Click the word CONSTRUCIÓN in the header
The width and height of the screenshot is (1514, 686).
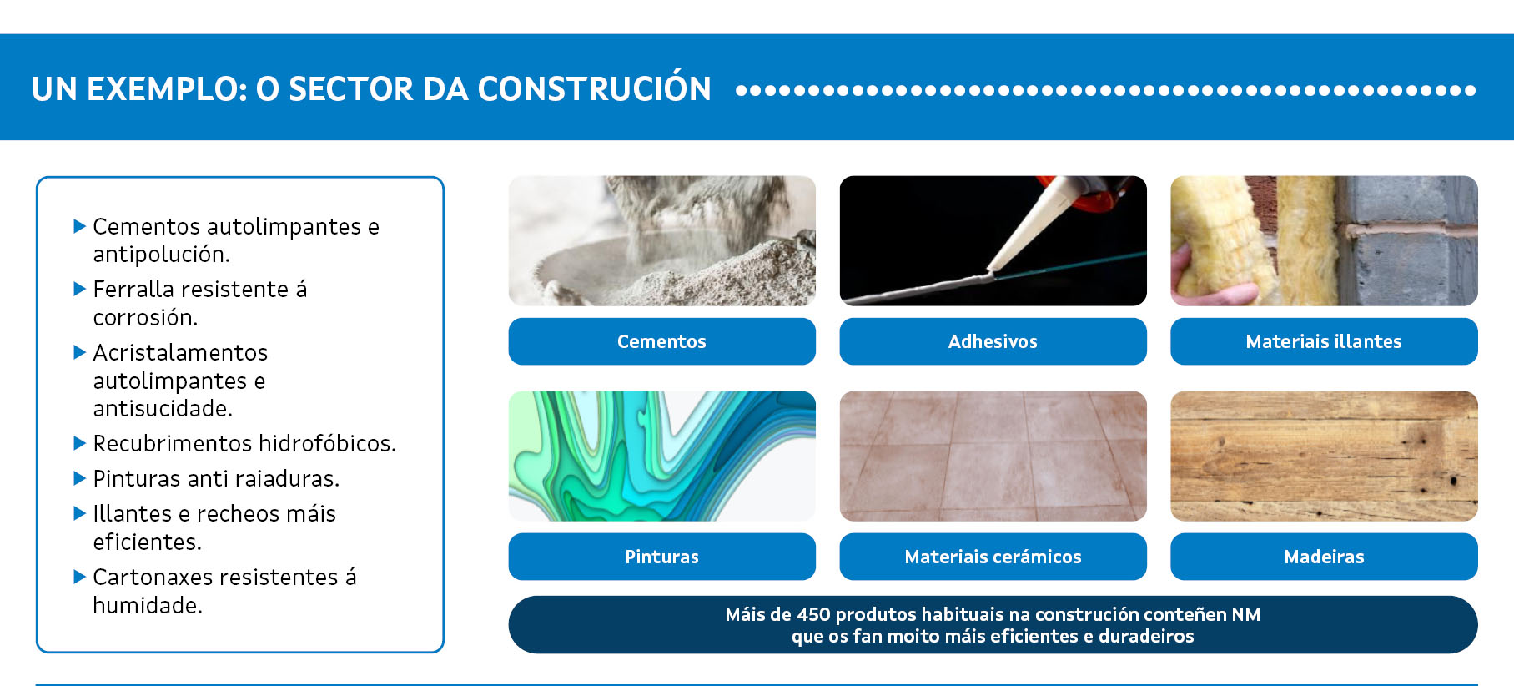(594, 88)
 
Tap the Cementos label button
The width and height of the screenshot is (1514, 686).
(661, 341)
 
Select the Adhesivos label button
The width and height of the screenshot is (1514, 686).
(993, 341)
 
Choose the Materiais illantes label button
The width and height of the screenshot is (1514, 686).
(1324, 341)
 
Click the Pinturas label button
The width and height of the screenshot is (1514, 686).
(661, 557)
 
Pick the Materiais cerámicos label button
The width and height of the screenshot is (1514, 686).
(993, 557)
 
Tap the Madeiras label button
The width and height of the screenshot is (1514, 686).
(1324, 557)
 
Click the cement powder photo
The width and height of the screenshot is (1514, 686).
(661, 240)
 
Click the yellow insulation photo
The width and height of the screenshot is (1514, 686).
(1324, 240)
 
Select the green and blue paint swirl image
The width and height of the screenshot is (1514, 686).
(661, 456)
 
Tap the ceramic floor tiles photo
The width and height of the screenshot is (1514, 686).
(993, 456)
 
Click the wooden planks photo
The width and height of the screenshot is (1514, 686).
(1324, 456)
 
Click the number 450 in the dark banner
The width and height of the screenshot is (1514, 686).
(813, 615)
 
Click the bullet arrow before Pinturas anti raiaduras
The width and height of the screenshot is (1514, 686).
(80, 478)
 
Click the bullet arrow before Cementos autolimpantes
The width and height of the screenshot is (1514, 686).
(80, 225)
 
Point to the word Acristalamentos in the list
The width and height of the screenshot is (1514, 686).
(180, 353)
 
